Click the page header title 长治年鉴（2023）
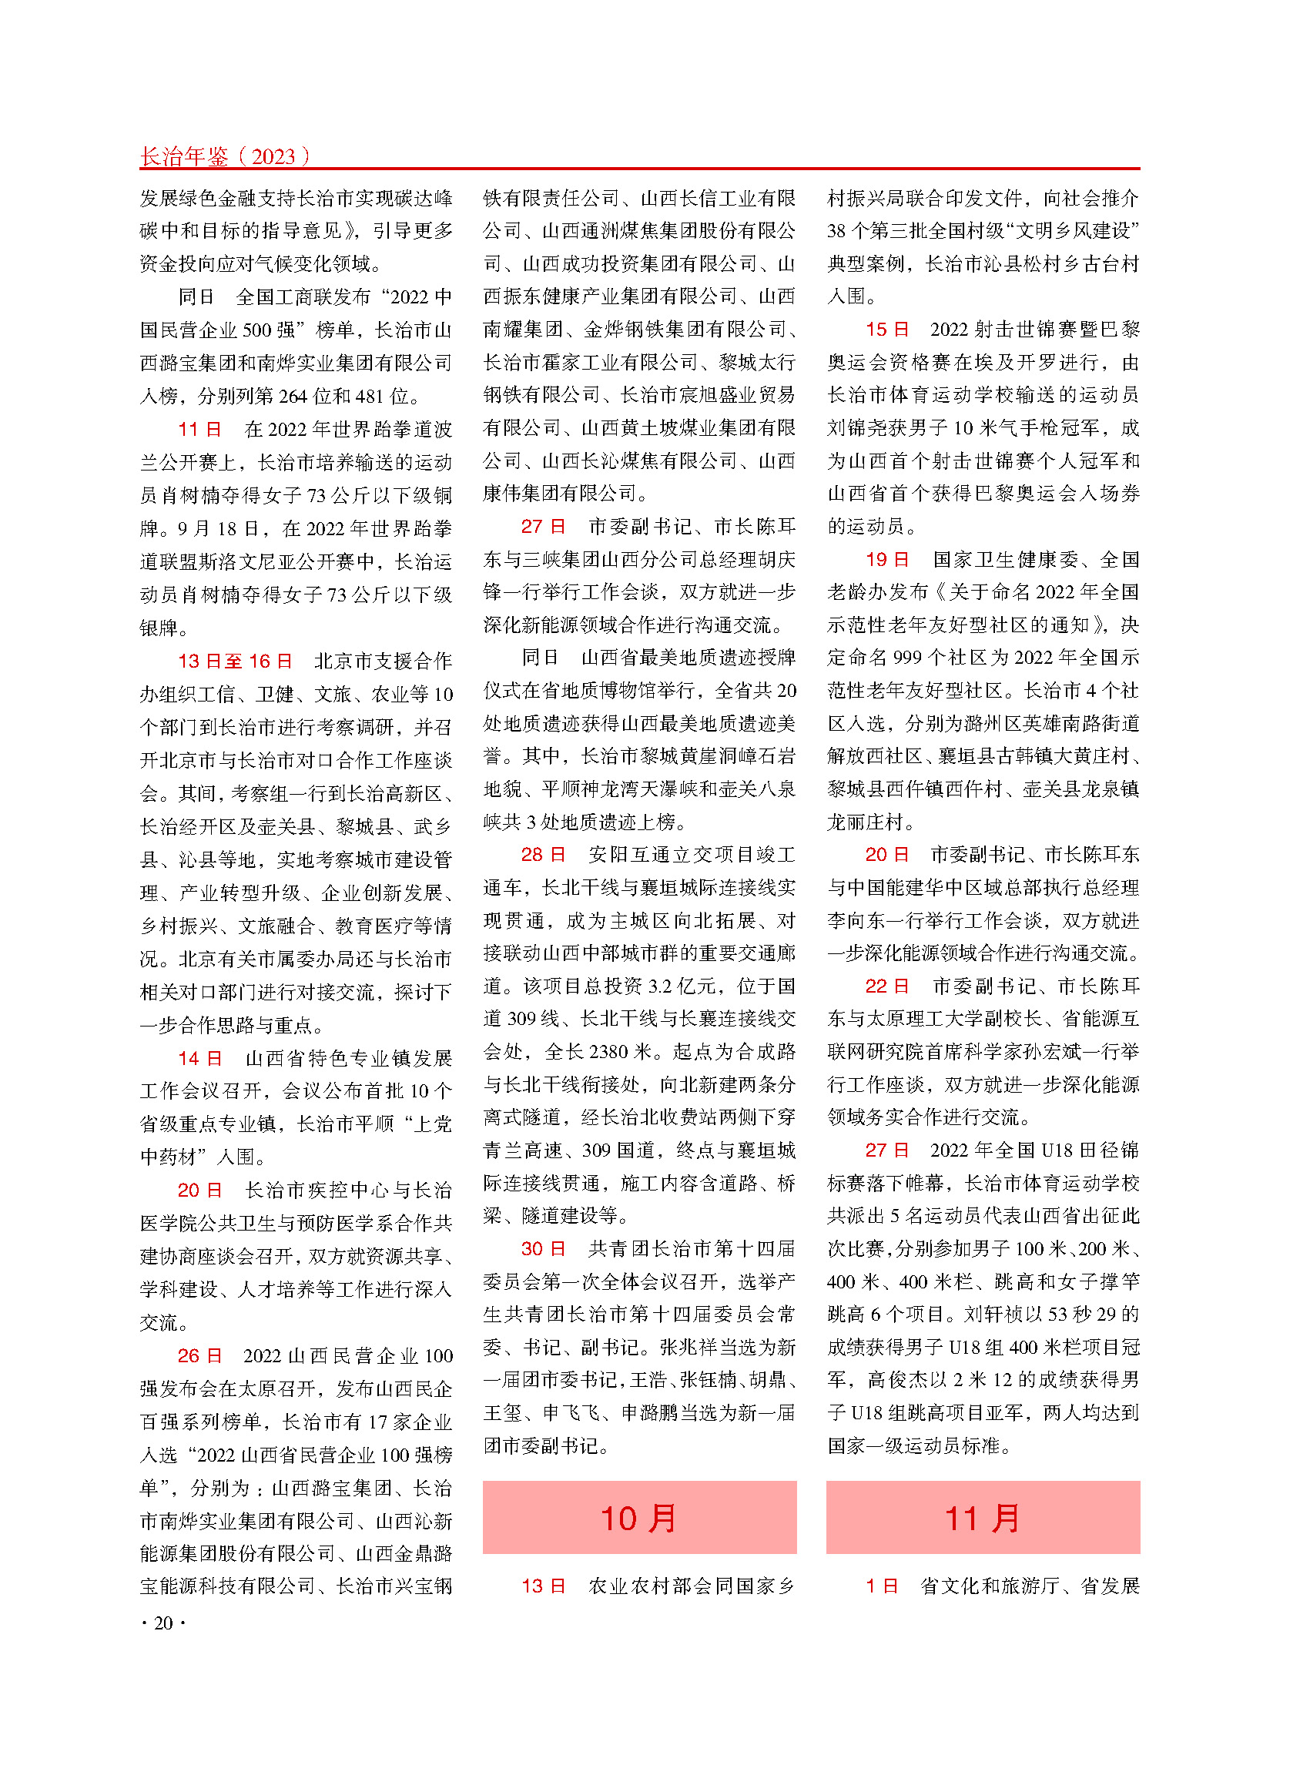[x=224, y=156]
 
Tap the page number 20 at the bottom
[x=163, y=1623]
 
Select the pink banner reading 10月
[x=639, y=1518]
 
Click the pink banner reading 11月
[x=983, y=1518]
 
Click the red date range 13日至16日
[x=236, y=661]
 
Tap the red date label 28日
[x=543, y=854]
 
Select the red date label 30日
[x=543, y=1249]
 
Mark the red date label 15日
[x=887, y=329]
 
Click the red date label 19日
[x=887, y=559]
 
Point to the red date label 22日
[x=887, y=986]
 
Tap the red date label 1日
[x=882, y=1585]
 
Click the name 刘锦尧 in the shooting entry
[x=856, y=428]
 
